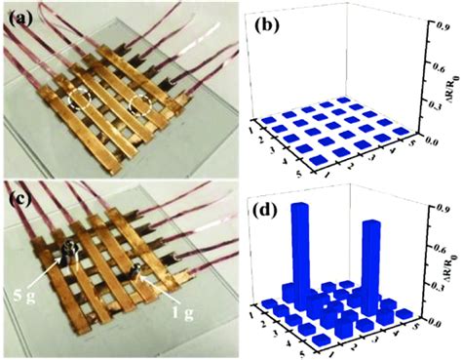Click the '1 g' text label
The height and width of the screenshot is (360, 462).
pyautogui.click(x=180, y=290)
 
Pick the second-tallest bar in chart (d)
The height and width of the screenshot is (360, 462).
pyautogui.click(x=372, y=259)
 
